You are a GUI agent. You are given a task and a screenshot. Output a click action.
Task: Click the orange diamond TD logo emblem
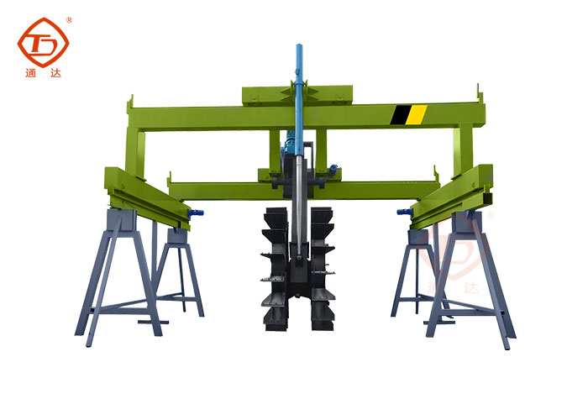(x=43, y=42)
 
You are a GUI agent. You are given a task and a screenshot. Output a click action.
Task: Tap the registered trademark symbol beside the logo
(x=69, y=20)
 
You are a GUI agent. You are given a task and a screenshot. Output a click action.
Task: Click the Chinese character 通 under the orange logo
(x=31, y=73)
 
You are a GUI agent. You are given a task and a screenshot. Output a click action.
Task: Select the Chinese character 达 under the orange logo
(x=55, y=73)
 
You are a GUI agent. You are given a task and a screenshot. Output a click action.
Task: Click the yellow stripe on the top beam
(x=417, y=114)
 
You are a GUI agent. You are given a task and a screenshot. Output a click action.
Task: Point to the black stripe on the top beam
(x=400, y=115)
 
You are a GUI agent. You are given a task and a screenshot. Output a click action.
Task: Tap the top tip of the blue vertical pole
(x=299, y=45)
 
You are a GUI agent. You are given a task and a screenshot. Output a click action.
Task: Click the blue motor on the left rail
(x=196, y=213)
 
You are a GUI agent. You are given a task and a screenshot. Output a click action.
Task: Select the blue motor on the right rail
(x=405, y=213)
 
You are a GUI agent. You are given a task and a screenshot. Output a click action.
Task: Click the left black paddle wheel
(x=276, y=268)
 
